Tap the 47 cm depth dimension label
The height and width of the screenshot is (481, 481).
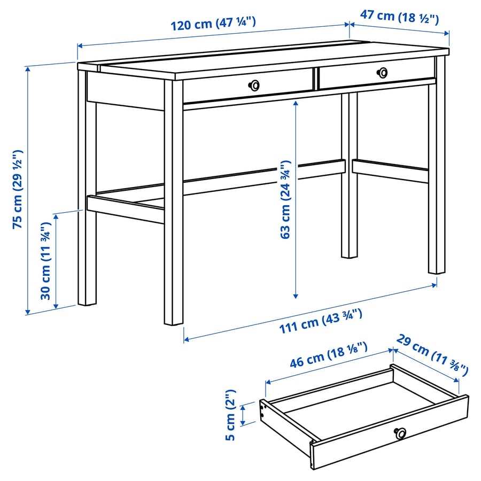click(399, 16)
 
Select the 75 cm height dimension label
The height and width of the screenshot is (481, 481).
click(18, 189)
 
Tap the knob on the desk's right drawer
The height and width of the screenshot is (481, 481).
click(382, 72)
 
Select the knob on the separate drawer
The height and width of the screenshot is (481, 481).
click(400, 433)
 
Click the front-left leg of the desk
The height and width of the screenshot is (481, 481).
click(173, 214)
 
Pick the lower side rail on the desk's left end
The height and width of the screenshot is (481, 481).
click(125, 209)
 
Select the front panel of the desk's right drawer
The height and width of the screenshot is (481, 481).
click(374, 75)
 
